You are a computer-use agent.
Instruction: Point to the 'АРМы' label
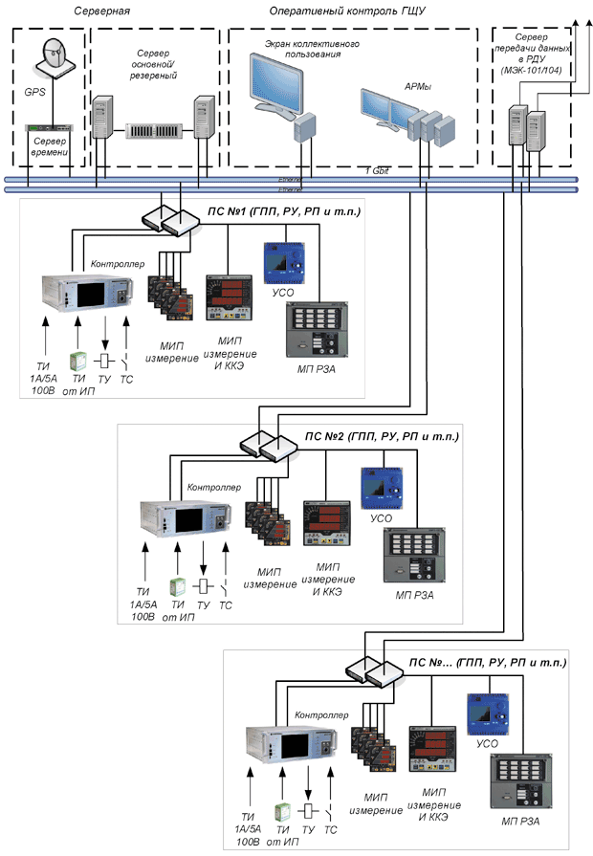click(418, 87)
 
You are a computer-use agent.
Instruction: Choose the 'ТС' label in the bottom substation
click(331, 828)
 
